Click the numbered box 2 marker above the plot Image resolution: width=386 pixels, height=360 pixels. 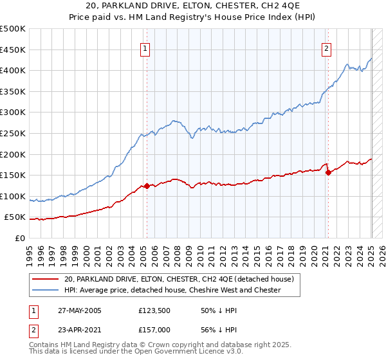click(x=327, y=49)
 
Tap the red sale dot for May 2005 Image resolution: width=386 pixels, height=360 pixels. click(x=147, y=186)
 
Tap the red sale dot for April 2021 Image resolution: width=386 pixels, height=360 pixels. click(x=328, y=172)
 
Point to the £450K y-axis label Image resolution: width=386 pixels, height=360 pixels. click(x=14, y=50)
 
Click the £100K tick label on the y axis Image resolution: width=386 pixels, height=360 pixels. click(x=14, y=196)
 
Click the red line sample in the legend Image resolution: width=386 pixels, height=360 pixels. click(x=44, y=280)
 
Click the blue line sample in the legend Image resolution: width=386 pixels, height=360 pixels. click(x=44, y=291)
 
